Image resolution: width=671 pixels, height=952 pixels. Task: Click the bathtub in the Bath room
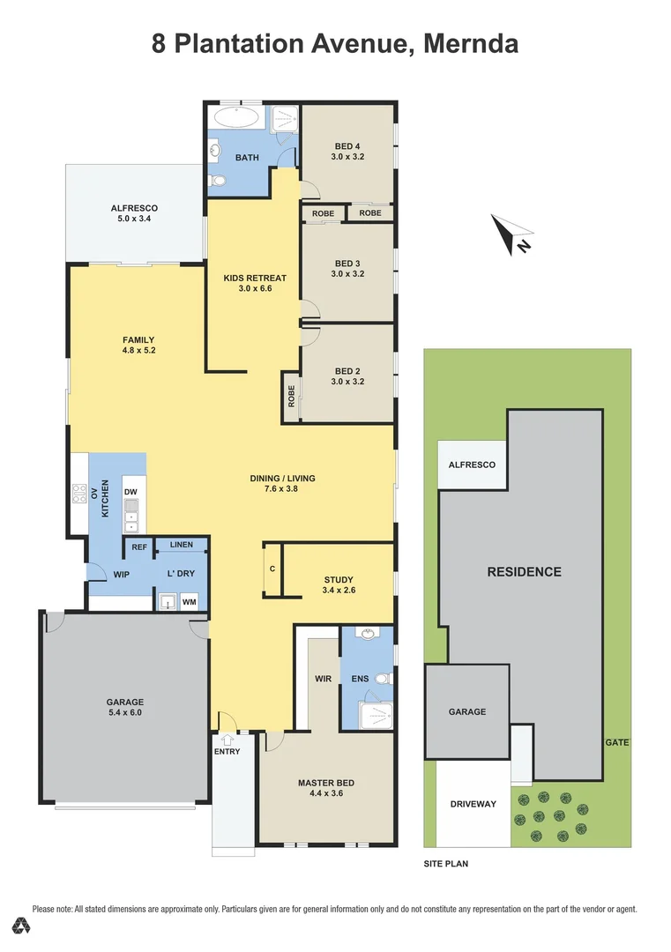tap(237, 118)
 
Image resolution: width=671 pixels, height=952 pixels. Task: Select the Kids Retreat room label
tap(255, 278)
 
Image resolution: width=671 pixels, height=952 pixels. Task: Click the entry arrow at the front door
tap(227, 740)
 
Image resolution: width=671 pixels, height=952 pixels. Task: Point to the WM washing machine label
tap(189, 602)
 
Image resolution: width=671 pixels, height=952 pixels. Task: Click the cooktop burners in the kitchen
tap(79, 493)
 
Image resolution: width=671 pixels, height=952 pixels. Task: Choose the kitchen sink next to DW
tap(130, 515)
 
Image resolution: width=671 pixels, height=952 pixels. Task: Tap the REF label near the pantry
tap(139, 547)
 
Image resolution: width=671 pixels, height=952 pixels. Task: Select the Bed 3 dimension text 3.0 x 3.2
tap(347, 274)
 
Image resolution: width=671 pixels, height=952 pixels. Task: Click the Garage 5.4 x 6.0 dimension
tap(125, 712)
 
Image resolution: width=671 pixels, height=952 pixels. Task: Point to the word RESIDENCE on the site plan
tap(524, 572)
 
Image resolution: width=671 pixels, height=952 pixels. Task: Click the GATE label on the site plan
tap(617, 742)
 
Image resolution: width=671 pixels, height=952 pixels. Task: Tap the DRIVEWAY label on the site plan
tap(473, 804)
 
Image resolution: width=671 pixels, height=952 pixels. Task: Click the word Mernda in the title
tap(471, 44)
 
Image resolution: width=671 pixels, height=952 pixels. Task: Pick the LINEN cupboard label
tap(182, 545)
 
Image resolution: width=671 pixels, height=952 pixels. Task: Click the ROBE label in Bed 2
tap(292, 397)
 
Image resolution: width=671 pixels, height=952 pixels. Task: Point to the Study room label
tap(339, 580)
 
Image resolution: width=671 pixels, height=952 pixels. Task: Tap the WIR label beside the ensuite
tap(323, 679)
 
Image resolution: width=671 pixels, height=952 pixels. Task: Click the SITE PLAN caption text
tap(445, 863)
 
